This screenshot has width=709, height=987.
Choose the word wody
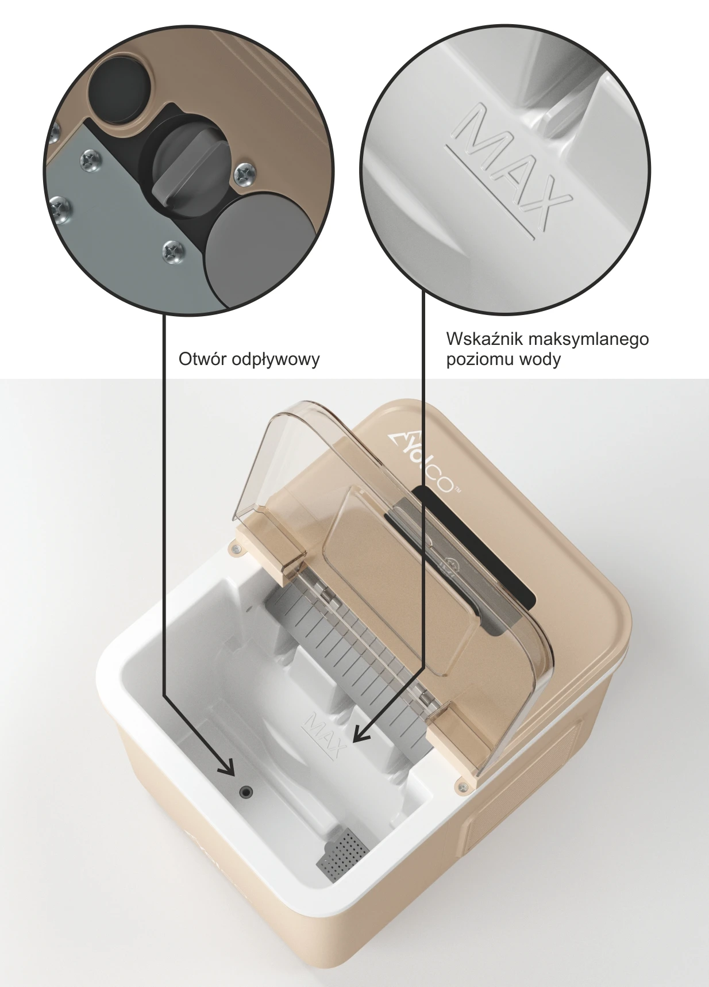[540, 360]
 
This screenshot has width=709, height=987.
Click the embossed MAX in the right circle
[509, 168]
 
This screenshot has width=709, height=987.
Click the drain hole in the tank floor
[246, 792]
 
